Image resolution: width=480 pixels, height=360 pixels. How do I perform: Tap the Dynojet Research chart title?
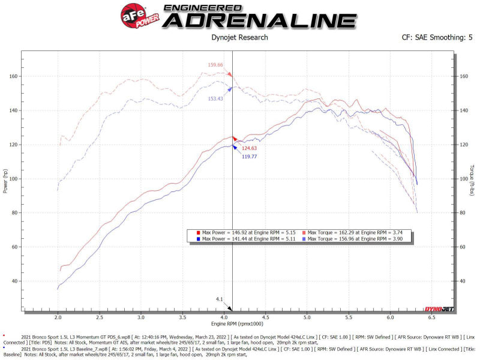(239, 38)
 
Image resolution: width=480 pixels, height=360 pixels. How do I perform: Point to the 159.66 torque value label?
(215, 65)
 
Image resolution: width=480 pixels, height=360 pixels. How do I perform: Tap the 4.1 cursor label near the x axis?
(220, 298)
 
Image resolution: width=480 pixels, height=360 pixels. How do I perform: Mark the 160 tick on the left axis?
(13, 76)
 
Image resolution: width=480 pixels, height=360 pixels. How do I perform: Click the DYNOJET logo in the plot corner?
(439, 310)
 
